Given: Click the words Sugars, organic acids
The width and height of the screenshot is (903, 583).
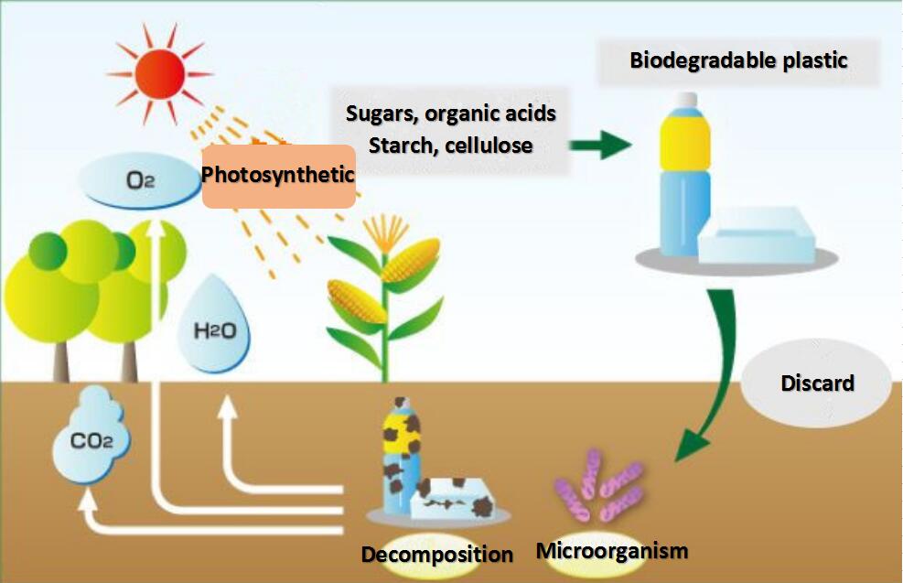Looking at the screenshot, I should [451, 114].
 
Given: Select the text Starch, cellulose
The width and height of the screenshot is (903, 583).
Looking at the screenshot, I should [450, 146].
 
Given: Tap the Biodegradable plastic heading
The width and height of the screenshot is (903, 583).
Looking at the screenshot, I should [738, 61].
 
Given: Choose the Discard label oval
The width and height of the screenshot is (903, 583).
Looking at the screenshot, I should [816, 383].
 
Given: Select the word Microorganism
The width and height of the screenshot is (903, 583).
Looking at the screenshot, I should [611, 551].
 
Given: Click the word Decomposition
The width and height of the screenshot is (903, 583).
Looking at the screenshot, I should [436, 555].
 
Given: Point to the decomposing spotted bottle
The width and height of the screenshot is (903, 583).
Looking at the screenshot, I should [401, 453].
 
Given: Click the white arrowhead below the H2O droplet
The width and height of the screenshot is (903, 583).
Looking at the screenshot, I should [226, 409].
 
